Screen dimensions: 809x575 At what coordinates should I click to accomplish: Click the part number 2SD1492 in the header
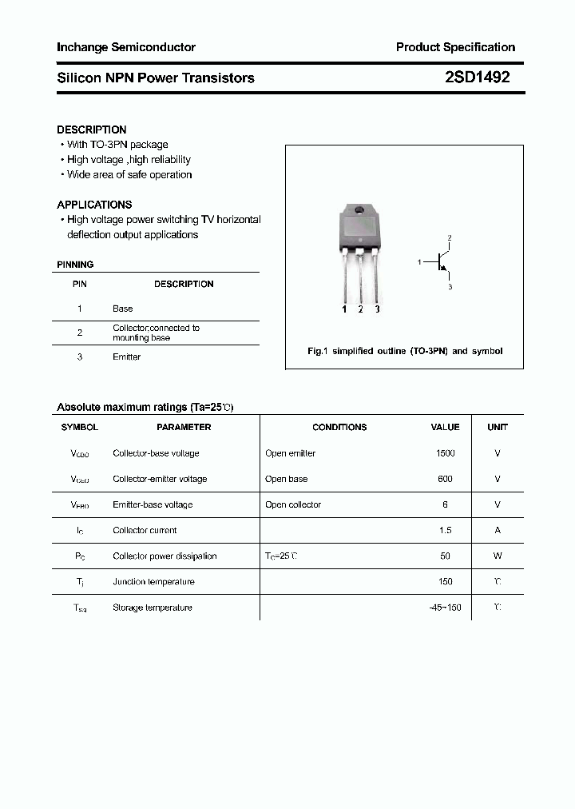pyautogui.click(x=477, y=78)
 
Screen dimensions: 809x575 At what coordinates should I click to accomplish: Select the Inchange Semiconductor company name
pyautogui.click(x=126, y=47)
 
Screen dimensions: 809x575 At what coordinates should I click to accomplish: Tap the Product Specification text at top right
pyautogui.click(x=455, y=47)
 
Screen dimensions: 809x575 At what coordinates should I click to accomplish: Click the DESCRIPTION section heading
pyautogui.click(x=92, y=130)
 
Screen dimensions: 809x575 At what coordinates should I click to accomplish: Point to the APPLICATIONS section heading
pyautogui.click(x=94, y=205)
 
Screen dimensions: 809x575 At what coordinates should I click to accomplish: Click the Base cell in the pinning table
pyautogui.click(x=123, y=309)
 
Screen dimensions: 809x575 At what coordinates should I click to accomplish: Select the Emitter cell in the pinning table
pyautogui.click(x=126, y=357)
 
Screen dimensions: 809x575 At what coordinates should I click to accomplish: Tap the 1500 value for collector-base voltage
pyautogui.click(x=445, y=453)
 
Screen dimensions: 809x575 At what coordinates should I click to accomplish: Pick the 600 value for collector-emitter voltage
pyautogui.click(x=445, y=479)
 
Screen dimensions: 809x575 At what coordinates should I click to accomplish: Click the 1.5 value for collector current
pyautogui.click(x=445, y=530)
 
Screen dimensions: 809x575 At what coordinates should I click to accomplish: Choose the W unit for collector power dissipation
pyautogui.click(x=498, y=556)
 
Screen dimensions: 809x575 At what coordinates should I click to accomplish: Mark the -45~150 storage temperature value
pyautogui.click(x=445, y=608)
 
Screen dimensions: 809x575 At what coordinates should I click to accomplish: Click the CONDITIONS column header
pyautogui.click(x=339, y=427)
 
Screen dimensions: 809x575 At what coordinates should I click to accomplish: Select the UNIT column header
pyautogui.click(x=498, y=427)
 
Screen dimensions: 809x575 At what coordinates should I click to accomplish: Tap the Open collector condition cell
pyautogui.click(x=293, y=504)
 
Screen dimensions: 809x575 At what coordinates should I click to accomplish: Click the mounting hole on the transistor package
pyautogui.click(x=359, y=211)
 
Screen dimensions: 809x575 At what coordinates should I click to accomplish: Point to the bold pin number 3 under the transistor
pyautogui.click(x=377, y=309)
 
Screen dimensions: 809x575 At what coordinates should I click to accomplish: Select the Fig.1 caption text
pyautogui.click(x=405, y=351)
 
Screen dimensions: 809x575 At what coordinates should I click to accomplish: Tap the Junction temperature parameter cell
pyautogui.click(x=154, y=581)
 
